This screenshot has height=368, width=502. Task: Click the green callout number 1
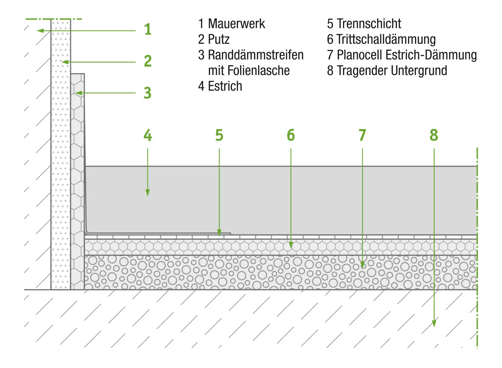[x=148, y=29]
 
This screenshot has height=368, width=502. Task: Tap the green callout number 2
[x=148, y=61]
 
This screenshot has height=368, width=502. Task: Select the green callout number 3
[x=148, y=93]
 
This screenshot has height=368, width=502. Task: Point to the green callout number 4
[x=148, y=135]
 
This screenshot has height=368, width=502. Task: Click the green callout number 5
[x=219, y=135]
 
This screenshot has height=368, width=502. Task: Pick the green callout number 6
[x=291, y=135]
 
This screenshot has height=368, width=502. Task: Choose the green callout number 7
[x=362, y=135]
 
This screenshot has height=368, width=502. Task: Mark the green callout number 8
[x=434, y=135]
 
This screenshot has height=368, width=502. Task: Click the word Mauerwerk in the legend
[x=236, y=24]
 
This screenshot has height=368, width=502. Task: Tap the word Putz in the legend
[x=219, y=39]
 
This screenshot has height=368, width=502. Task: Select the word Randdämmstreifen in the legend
[x=256, y=55]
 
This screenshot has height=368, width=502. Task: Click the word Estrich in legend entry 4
[x=225, y=86]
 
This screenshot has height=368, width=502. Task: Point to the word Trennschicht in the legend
[x=369, y=24]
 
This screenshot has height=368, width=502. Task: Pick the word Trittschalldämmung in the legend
[x=386, y=39]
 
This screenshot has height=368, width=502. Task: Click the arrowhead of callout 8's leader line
[x=434, y=324]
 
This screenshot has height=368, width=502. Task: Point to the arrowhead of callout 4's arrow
[x=148, y=193]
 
